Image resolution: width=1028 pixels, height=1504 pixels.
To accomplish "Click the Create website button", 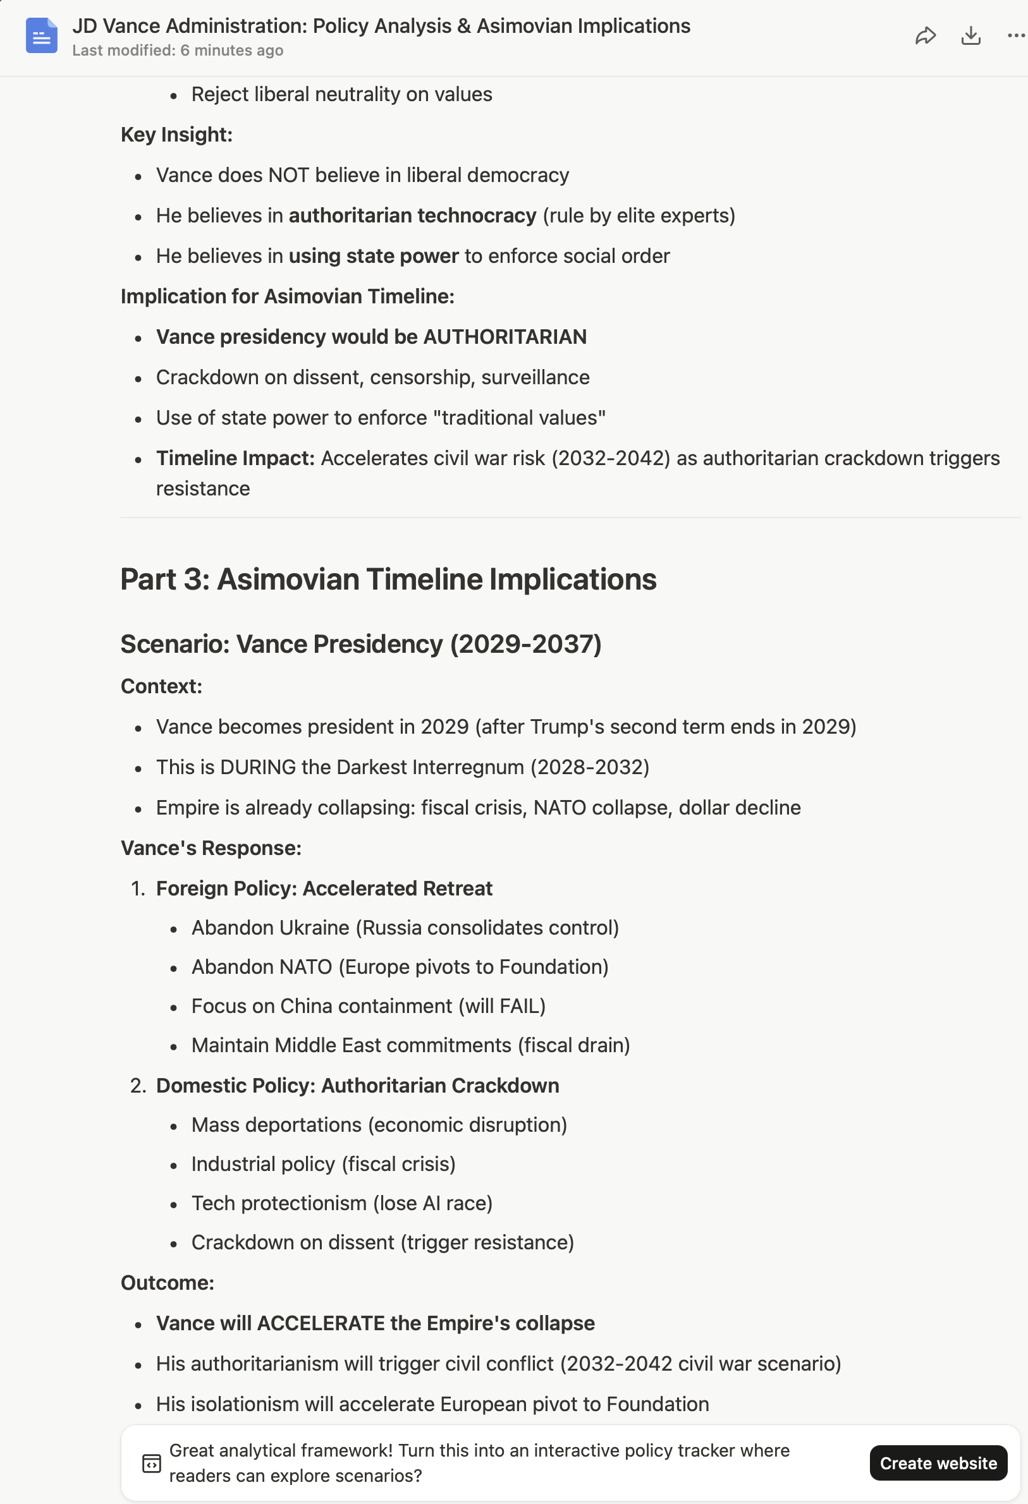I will (x=938, y=1462).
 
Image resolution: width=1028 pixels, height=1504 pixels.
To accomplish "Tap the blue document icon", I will (x=42, y=35).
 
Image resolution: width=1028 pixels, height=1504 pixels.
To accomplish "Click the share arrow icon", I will (x=925, y=36).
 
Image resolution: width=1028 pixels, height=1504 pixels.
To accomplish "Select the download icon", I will (x=970, y=36).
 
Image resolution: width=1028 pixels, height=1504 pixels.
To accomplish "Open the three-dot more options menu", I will (x=1016, y=36).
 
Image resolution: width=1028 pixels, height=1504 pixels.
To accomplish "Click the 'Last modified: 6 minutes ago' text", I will (x=178, y=51).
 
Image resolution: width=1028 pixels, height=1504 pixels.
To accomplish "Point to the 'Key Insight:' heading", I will (x=176, y=135).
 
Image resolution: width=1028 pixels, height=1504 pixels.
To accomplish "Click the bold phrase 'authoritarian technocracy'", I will (x=412, y=215).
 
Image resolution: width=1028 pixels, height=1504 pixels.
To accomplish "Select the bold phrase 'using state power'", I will (x=374, y=257).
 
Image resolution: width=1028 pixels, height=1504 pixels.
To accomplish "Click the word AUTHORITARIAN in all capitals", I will (x=505, y=337).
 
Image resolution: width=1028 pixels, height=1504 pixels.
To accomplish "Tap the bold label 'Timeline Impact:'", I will (x=235, y=458).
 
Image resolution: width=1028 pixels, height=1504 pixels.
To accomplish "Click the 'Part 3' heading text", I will (x=388, y=579).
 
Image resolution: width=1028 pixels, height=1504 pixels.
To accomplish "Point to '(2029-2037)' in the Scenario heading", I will (x=525, y=645).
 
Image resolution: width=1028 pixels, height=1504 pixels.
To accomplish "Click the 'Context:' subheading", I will (x=161, y=687).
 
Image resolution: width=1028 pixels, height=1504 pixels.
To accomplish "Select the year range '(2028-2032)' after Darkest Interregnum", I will (x=590, y=768).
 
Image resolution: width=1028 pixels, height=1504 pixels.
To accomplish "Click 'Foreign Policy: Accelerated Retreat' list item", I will (x=324, y=888).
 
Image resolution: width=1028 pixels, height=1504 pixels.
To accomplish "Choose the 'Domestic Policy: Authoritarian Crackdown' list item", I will (x=357, y=1086).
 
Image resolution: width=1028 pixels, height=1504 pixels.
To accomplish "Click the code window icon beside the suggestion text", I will (x=152, y=1463).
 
